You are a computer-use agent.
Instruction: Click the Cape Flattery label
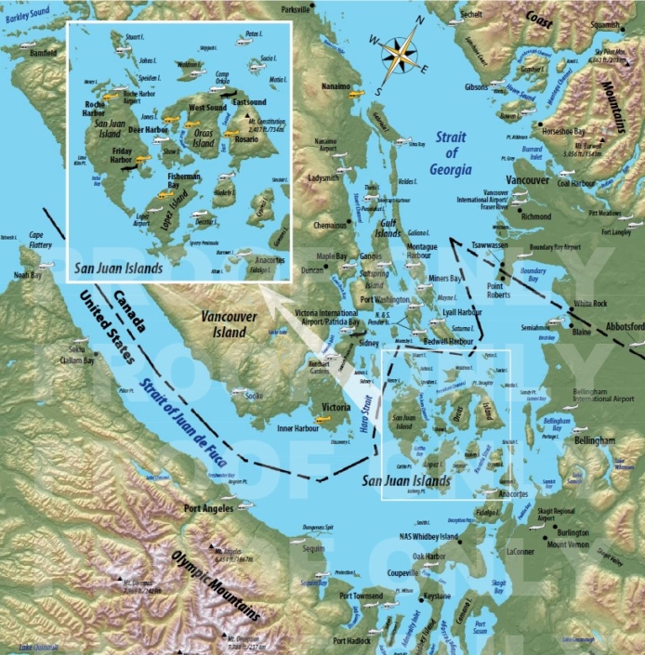(36, 238)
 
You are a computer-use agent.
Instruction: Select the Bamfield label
(44, 54)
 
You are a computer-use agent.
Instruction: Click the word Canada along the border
(129, 309)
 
